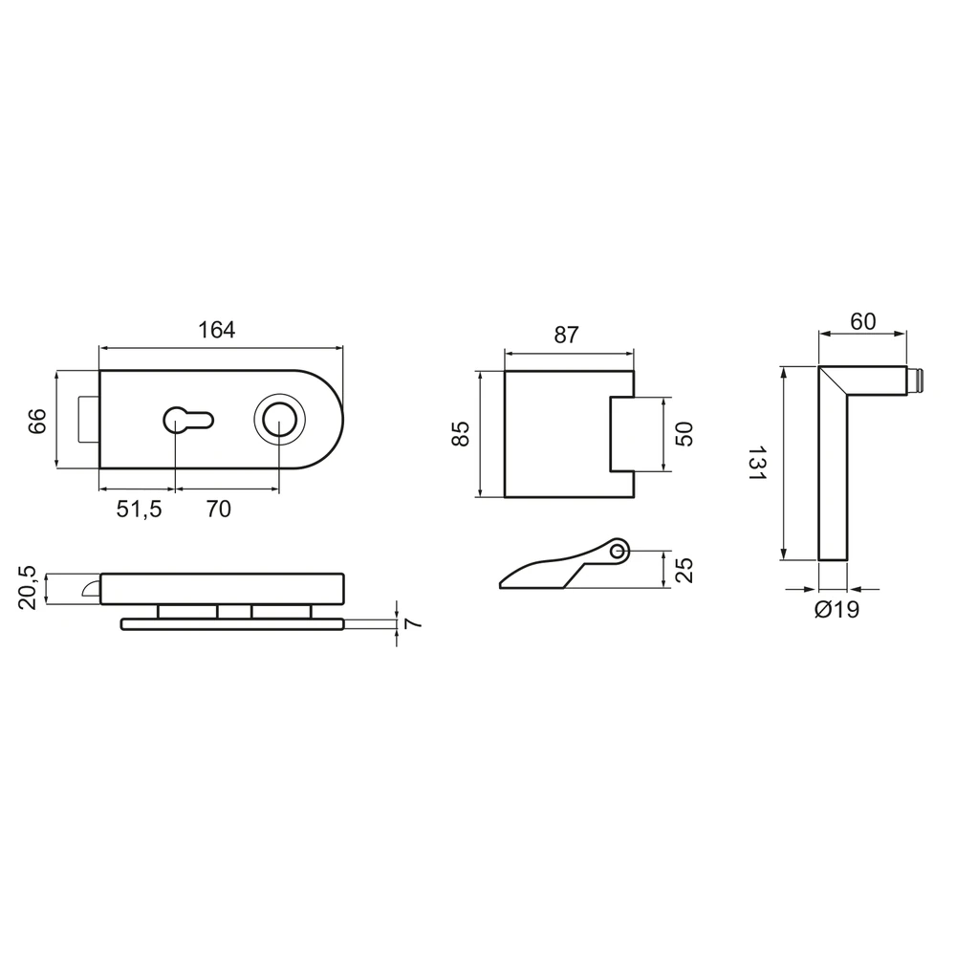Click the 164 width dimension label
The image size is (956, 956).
216,330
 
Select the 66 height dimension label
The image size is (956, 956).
37,421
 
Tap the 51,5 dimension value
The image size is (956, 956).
139,509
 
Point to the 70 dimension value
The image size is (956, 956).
219,509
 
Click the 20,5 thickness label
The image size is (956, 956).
28,588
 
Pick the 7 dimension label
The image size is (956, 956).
413,623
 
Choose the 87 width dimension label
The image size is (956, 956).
566,336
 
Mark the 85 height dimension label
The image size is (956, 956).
461,433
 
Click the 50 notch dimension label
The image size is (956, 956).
684,434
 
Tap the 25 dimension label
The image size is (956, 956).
684,570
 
